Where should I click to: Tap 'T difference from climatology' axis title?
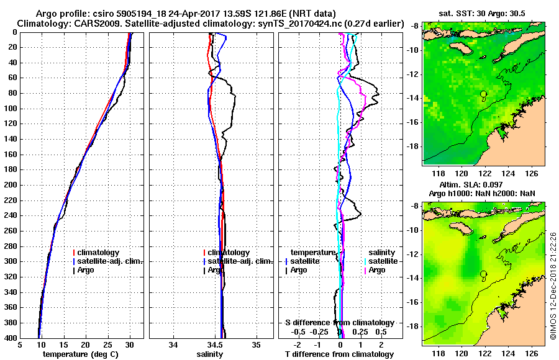point(339,354)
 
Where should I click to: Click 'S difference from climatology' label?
point(339,323)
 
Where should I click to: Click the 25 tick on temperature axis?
point(107,344)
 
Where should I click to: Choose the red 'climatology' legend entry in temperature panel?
point(99,253)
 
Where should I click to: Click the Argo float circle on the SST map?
point(484,94)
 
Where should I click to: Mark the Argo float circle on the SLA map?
point(484,274)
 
